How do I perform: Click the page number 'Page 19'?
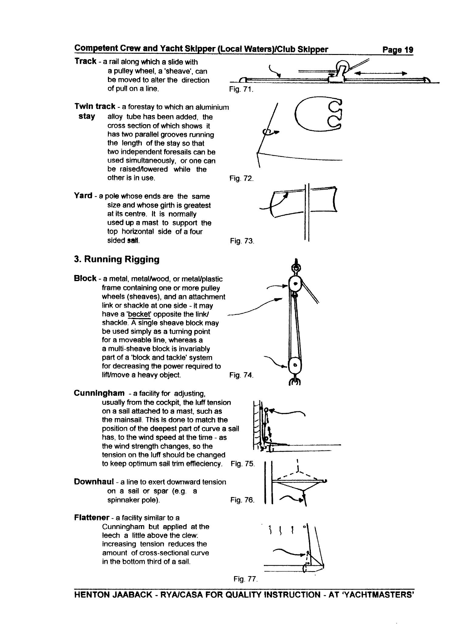coord(398,50)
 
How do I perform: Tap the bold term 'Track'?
coord(85,61)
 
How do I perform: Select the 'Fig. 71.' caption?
coord(241,90)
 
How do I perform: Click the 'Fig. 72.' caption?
coord(241,178)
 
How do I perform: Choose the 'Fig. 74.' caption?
coord(241,375)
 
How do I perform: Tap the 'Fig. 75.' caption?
coord(243,464)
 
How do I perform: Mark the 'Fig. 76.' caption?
coord(242,500)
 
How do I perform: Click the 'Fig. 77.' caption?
coord(246,579)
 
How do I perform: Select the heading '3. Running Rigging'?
coord(117,260)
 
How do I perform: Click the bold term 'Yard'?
coord(83,196)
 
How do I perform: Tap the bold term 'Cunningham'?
coord(99,393)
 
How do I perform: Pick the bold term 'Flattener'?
coord(92,518)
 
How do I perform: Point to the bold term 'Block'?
coord(85,278)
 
